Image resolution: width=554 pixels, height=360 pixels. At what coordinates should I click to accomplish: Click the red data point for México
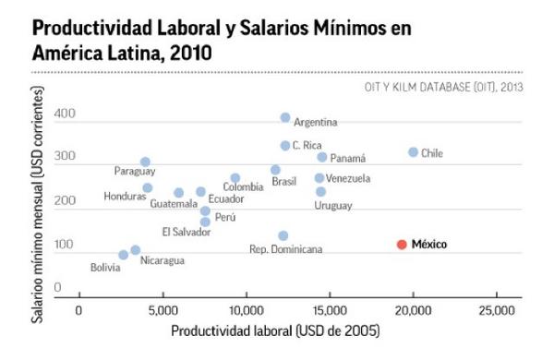pyautogui.click(x=402, y=245)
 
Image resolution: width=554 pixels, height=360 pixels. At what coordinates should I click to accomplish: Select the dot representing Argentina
pyautogui.click(x=285, y=118)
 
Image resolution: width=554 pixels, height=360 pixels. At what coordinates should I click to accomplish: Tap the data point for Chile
pyautogui.click(x=413, y=152)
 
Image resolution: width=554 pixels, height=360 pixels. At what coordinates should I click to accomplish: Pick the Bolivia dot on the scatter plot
pyautogui.click(x=124, y=255)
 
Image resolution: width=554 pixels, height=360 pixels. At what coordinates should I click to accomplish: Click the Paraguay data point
pyautogui.click(x=145, y=162)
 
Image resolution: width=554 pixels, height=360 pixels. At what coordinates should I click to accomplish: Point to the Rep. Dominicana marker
pyautogui.click(x=283, y=236)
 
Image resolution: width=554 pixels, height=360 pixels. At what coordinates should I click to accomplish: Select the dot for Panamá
pyautogui.click(x=322, y=157)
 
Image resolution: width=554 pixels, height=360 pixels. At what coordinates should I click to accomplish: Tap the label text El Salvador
pyautogui.click(x=187, y=232)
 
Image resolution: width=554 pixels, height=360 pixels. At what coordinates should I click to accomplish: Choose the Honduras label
pyautogui.click(x=125, y=196)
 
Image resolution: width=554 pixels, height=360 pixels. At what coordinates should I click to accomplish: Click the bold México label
pyautogui.click(x=429, y=245)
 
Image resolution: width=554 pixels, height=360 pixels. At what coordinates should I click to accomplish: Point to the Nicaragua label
pyautogui.click(x=163, y=260)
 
